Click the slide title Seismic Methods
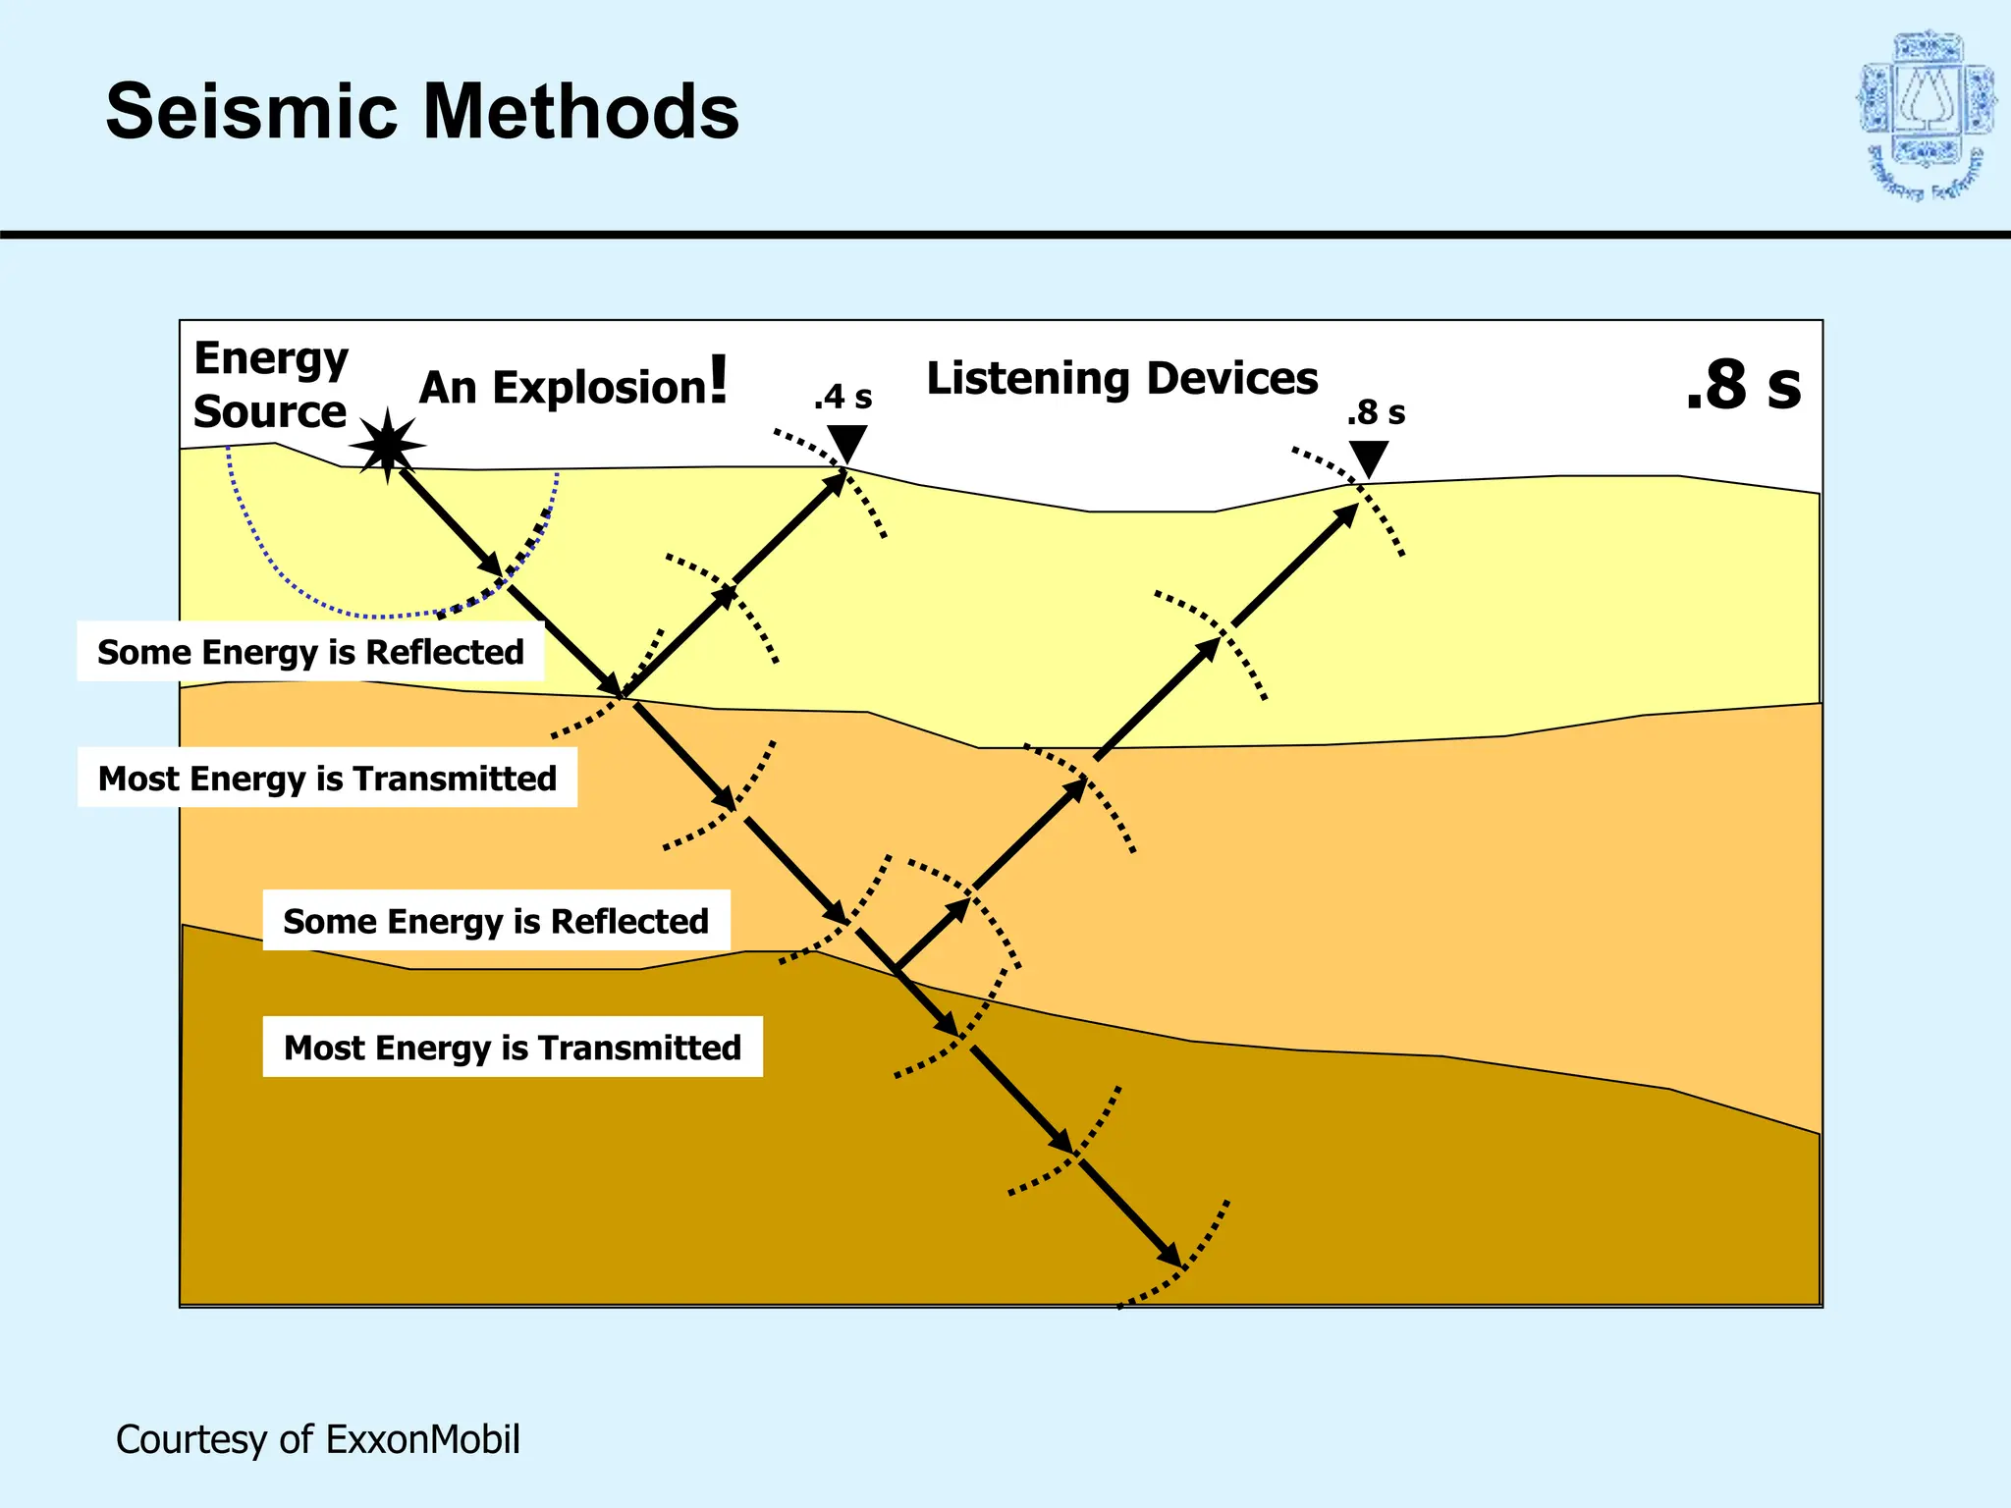(422, 112)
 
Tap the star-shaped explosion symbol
(388, 446)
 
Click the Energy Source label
(270, 385)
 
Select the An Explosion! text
(573, 384)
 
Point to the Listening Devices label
(1121, 378)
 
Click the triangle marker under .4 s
(846, 442)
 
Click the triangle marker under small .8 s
(1368, 458)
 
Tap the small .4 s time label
(842, 397)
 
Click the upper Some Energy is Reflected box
(310, 652)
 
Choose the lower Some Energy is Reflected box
(496, 921)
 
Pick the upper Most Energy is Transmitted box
(327, 779)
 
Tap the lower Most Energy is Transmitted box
(513, 1048)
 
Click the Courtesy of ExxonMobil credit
(317, 1439)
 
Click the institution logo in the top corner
(1926, 116)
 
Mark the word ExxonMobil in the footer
(422, 1439)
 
